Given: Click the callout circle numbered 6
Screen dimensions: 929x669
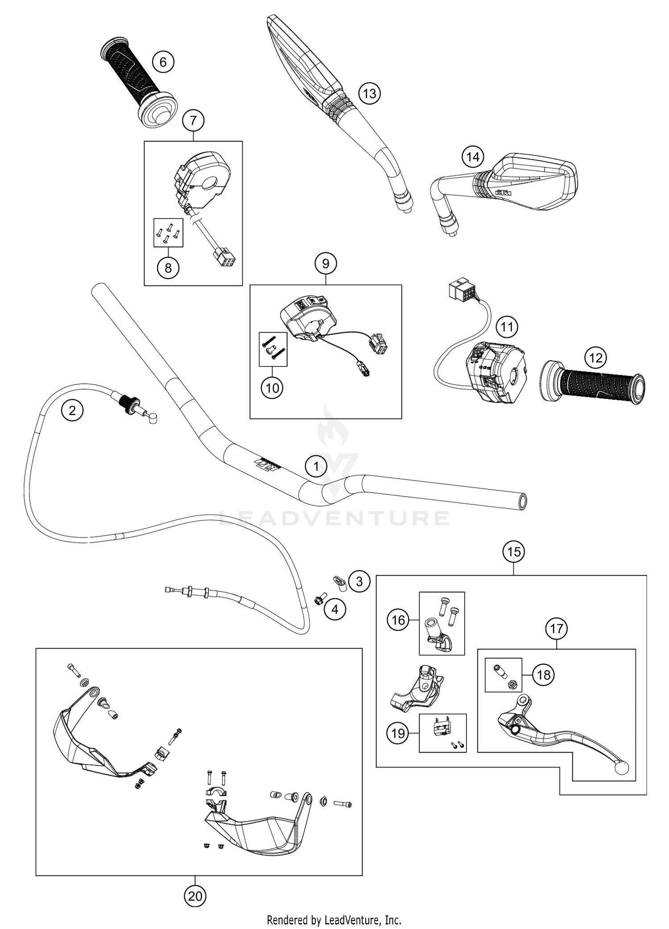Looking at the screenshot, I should point(163,62).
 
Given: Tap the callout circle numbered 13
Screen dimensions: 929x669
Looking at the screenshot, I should point(369,94).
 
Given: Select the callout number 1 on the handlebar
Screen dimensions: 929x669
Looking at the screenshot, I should point(316,467).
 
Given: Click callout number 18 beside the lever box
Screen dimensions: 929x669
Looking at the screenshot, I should point(544,675).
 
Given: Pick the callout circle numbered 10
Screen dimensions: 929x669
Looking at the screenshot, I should point(272,388).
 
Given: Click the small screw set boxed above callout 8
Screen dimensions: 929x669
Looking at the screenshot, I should point(168,232).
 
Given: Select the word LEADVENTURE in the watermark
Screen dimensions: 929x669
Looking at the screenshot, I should point(334,518).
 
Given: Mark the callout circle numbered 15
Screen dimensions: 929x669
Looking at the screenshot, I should point(513,552).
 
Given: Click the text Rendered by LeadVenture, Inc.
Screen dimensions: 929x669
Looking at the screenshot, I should point(334,920).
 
